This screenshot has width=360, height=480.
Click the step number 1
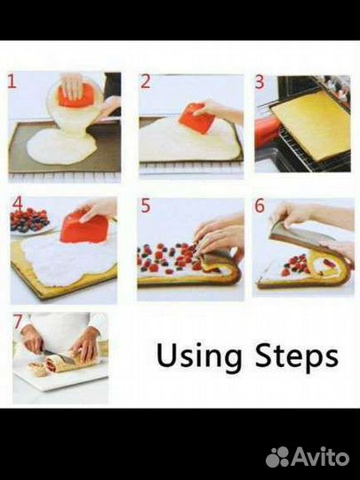pyautogui.click(x=12, y=82)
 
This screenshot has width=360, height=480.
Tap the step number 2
pyautogui.click(x=146, y=82)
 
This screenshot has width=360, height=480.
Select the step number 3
pyautogui.click(x=260, y=82)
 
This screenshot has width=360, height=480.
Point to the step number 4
pyautogui.click(x=18, y=204)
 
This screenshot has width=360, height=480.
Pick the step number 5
pyautogui.click(x=146, y=205)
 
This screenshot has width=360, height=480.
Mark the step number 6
pyautogui.click(x=260, y=205)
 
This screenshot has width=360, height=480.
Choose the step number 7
pyautogui.click(x=18, y=322)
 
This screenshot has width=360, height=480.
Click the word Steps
pyautogui.click(x=297, y=356)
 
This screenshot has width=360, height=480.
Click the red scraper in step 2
pyautogui.click(x=193, y=118)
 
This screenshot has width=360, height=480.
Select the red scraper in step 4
pyautogui.click(x=84, y=228)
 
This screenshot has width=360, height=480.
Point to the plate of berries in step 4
pyautogui.click(x=30, y=220)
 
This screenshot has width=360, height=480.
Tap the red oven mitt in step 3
pyautogui.click(x=266, y=131)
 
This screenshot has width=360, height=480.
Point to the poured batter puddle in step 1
pyautogui.click(x=62, y=146)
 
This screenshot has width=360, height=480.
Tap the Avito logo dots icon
pyautogui.click(x=277, y=457)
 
